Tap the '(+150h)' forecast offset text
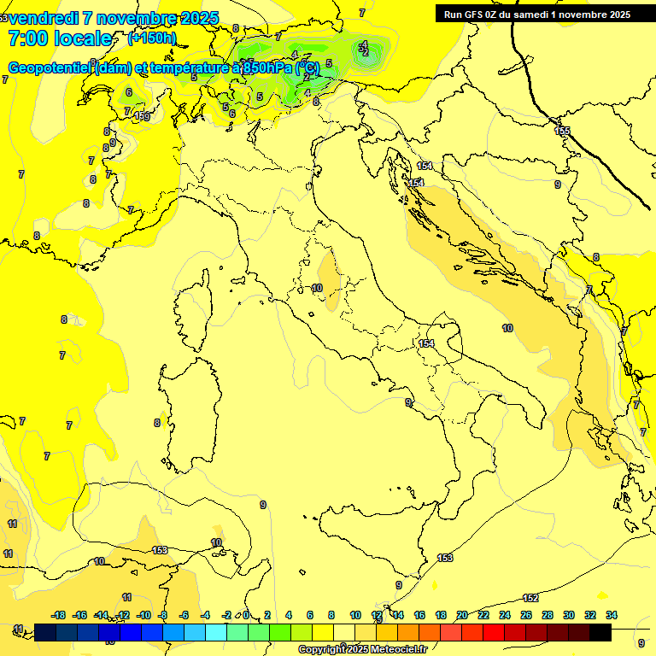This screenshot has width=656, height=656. tap(151, 38)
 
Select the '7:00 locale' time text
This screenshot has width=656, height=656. tap(60, 38)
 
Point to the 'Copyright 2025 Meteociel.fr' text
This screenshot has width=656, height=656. tap(362, 649)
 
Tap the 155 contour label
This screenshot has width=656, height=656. tap(562, 131)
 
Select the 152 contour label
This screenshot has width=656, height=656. tap(530, 598)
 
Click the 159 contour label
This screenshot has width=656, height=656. tap(142, 116)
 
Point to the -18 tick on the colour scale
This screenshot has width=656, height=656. tap(59, 615)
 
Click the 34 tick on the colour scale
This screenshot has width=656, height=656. tap(611, 615)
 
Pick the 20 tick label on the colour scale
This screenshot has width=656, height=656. tap(462, 615)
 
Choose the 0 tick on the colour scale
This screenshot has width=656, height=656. tap(246, 615)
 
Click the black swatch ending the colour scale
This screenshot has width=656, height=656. tap(600, 631)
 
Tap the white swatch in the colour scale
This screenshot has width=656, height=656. tap(344, 631)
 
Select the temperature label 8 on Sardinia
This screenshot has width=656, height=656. tap(157, 423)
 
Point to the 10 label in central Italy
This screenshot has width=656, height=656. tap(317, 289)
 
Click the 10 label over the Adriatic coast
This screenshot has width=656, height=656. tap(507, 328)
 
